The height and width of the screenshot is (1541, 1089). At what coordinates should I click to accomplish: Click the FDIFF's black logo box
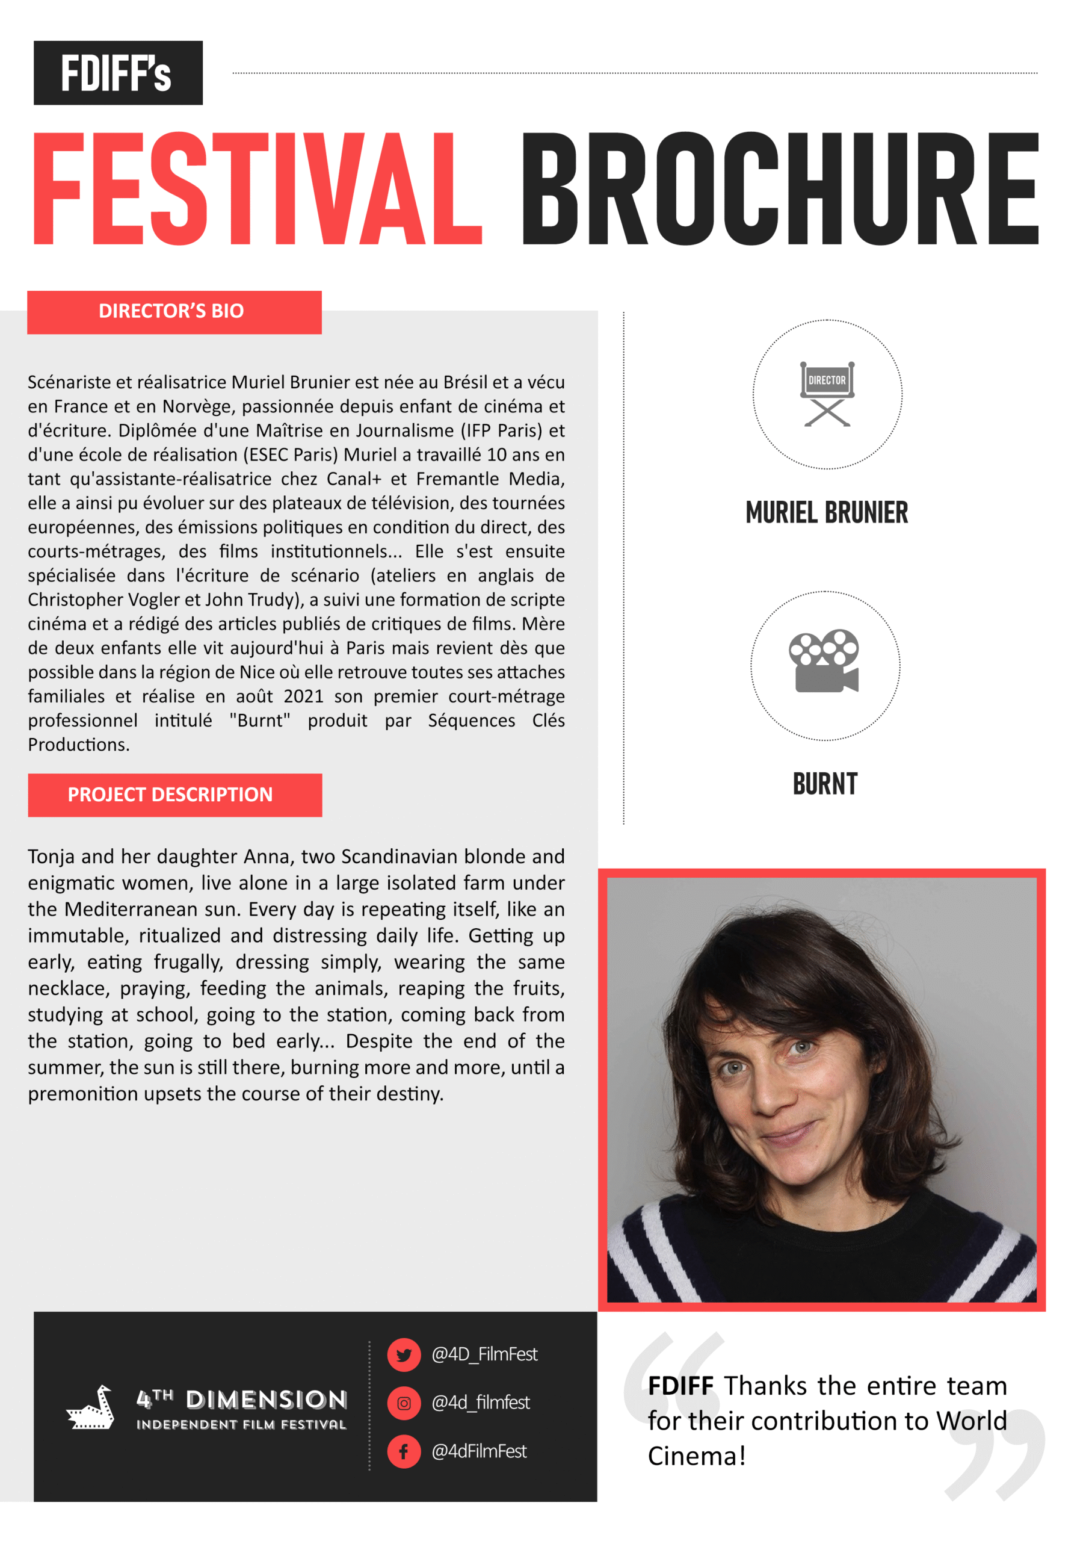[118, 72]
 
